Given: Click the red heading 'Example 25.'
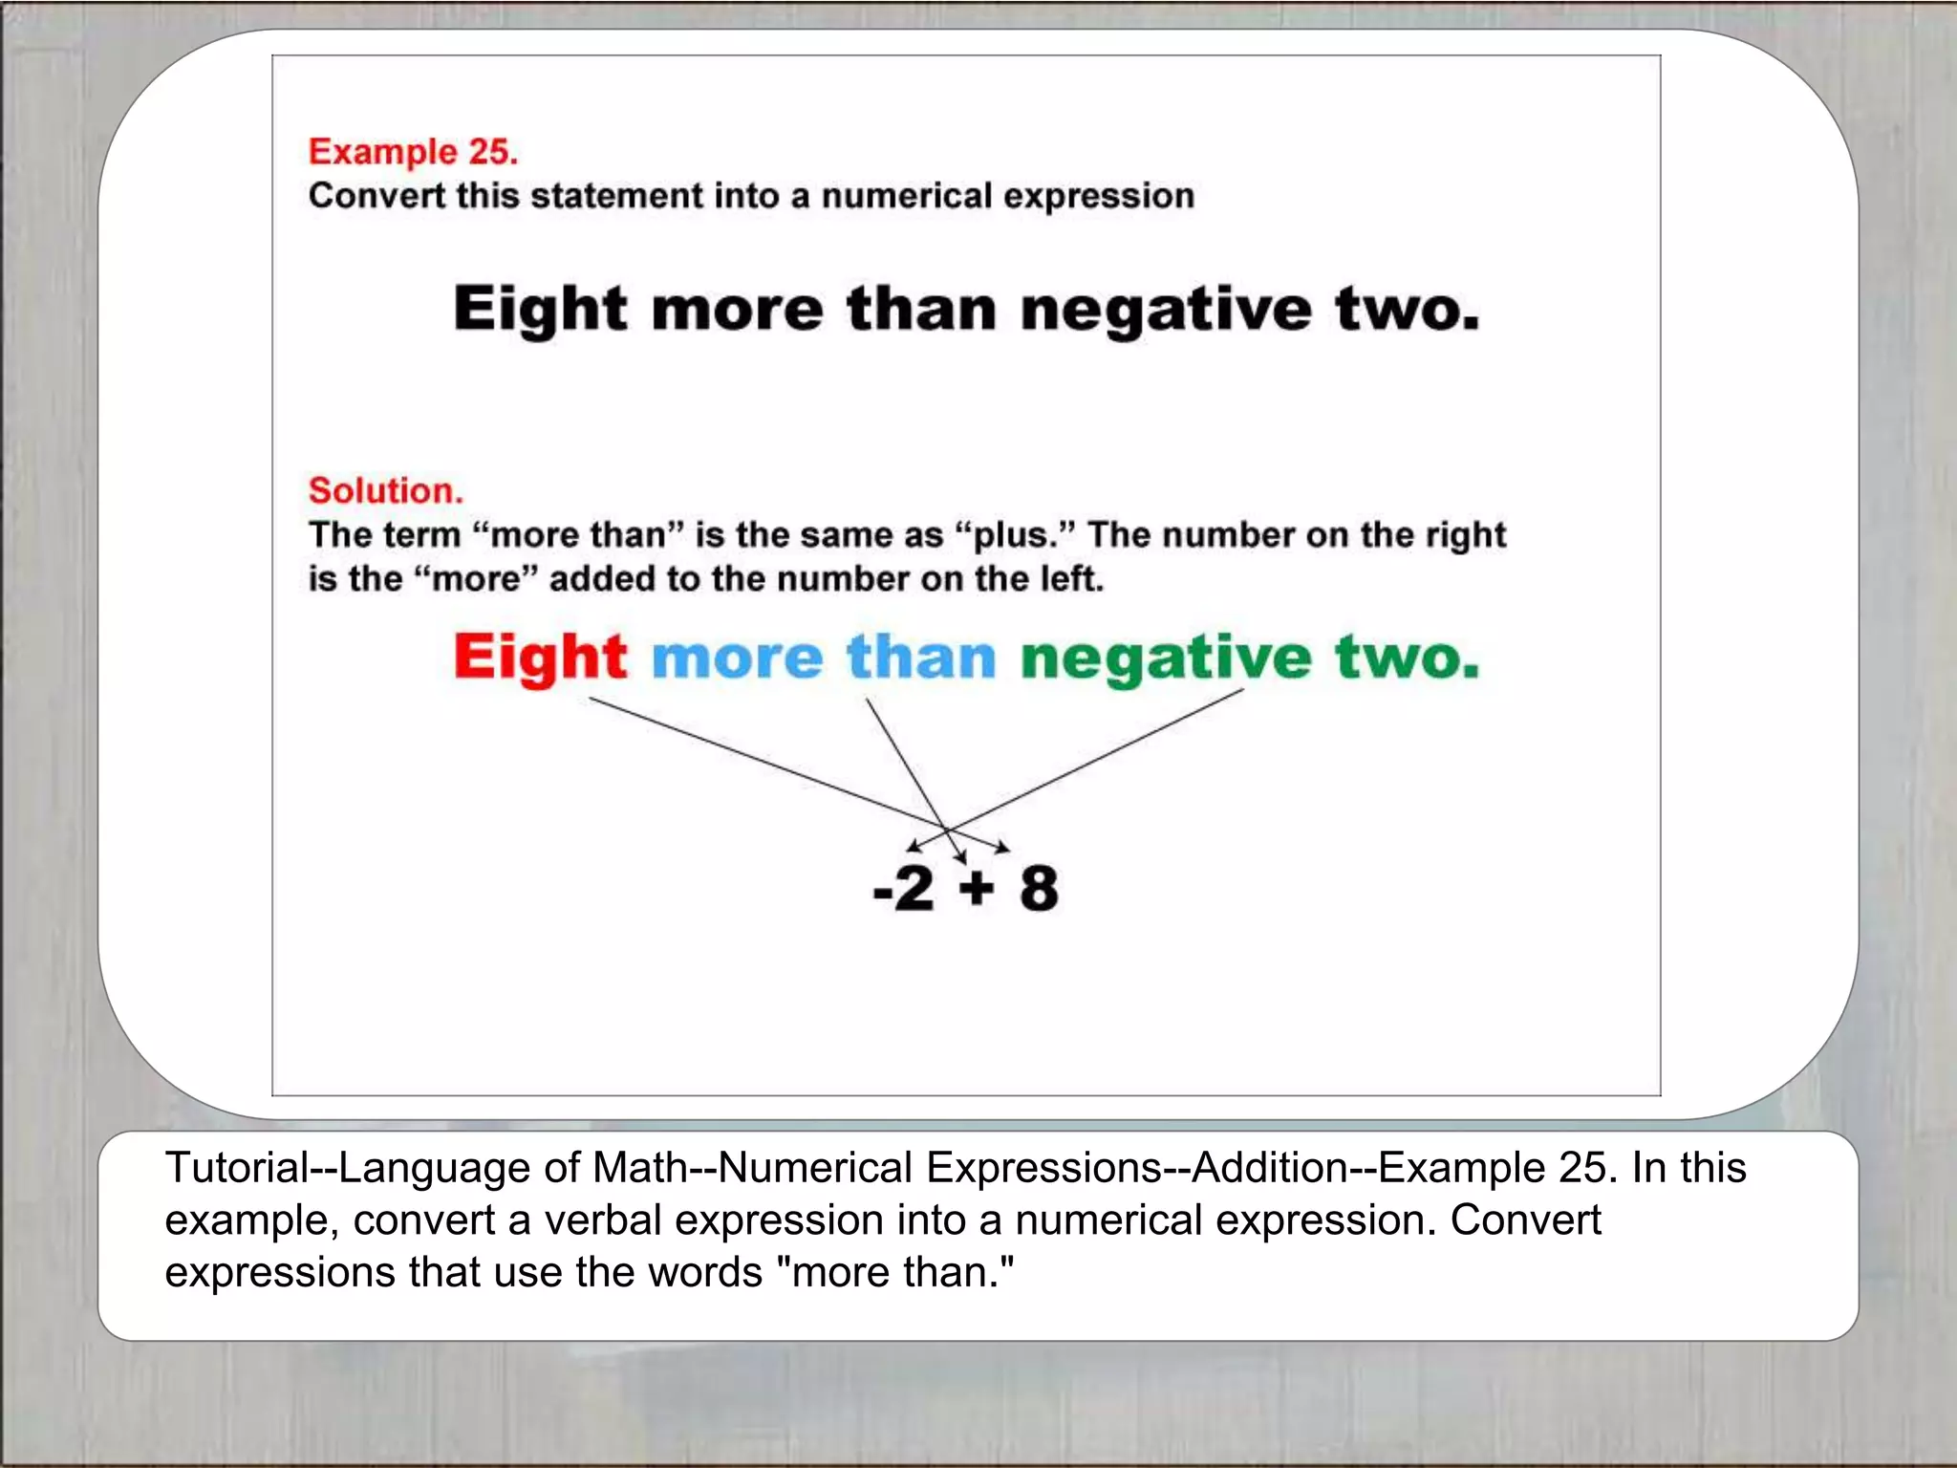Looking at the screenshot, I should coord(413,152).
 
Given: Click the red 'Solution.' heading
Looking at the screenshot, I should coord(385,491).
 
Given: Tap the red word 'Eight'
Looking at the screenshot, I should coord(540,658).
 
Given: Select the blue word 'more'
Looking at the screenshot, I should coord(737,659).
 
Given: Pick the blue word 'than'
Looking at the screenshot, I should coord(921,658).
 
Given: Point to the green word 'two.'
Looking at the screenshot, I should coord(1407,658).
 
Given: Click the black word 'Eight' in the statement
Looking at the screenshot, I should coord(540,310).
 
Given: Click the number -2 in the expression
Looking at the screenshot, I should coord(903,888).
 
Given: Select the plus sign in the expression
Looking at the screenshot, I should coord(977,888).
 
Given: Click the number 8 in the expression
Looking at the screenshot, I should coord(1039,888).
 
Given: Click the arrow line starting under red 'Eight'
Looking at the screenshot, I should coord(764,765).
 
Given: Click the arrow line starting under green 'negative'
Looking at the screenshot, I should coord(1099,760).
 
